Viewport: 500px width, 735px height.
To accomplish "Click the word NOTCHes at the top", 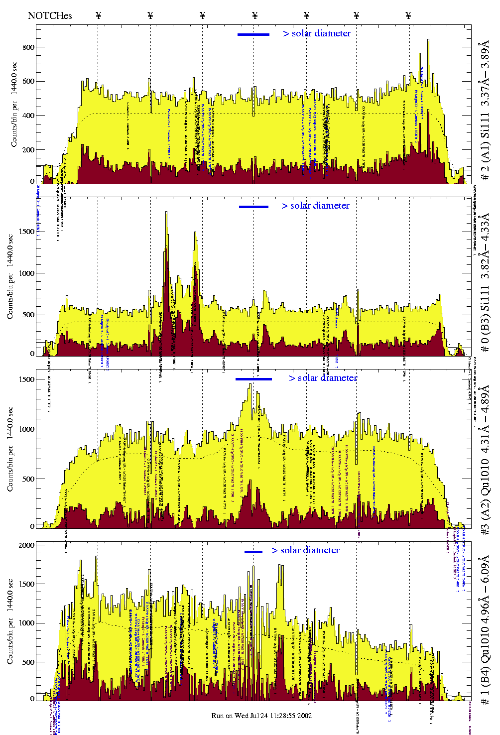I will click(50, 15).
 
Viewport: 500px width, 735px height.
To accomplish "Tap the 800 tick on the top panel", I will click(28, 47).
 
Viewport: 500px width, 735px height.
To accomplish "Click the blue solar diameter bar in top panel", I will click(253, 34).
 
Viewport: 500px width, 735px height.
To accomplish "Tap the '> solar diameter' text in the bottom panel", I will click(305, 550).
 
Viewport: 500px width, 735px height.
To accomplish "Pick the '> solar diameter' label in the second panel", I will click(315, 206).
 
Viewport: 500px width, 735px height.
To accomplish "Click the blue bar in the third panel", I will click(253, 379).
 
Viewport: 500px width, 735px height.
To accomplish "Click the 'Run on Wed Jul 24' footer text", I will click(261, 716).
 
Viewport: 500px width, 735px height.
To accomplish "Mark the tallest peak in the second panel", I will click(166, 213).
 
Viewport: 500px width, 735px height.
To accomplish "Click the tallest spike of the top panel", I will click(428, 41).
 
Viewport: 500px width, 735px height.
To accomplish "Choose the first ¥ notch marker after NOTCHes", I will click(98, 15).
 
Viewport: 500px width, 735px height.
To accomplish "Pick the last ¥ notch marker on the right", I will click(408, 15).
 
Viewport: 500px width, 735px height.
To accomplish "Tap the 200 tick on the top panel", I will click(28, 150).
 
